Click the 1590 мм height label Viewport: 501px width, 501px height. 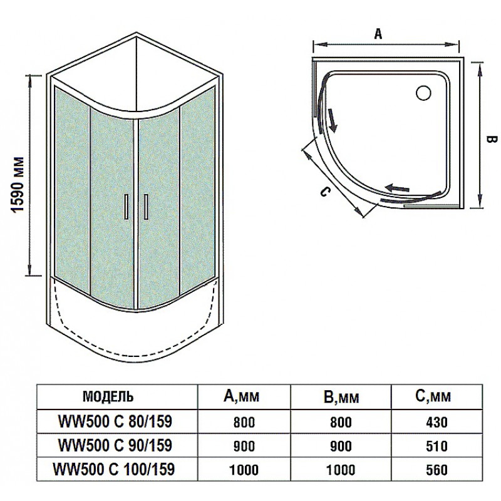click(18, 184)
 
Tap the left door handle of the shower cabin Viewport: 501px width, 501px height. click(127, 207)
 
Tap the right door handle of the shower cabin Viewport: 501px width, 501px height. click(146, 207)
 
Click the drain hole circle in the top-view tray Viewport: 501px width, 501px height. click(424, 92)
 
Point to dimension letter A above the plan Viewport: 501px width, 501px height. click(378, 33)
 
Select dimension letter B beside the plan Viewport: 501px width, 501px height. click(492, 140)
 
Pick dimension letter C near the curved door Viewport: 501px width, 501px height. click(324, 192)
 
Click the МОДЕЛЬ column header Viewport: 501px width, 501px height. click(108, 396)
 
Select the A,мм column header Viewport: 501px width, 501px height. click(241, 396)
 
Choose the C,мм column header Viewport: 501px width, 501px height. click(433, 396)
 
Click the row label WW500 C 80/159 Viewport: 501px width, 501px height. click(115, 421)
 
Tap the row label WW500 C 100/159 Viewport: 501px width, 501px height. click(114, 469)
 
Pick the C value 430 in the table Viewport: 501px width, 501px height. click(436, 422)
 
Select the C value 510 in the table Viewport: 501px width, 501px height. click(436, 446)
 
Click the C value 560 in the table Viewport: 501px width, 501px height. click(436, 470)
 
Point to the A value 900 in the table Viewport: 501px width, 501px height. click(244, 446)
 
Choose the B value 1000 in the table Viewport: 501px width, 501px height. click(341, 470)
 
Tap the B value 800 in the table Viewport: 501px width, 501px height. click(341, 422)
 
